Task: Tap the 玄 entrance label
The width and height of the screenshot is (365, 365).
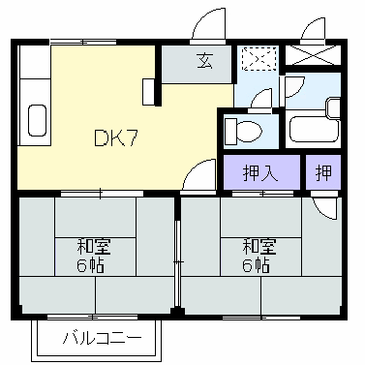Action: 205,62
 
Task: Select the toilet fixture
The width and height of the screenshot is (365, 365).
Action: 242,130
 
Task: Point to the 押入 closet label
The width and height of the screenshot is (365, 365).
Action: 259,174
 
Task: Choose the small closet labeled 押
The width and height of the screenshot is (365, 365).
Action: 323,174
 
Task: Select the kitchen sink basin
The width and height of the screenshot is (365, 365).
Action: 38,121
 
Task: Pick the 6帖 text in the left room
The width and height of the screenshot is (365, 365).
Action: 93,264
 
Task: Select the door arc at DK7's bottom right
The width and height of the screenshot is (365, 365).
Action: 200,177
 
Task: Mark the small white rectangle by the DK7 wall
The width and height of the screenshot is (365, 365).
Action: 147,92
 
